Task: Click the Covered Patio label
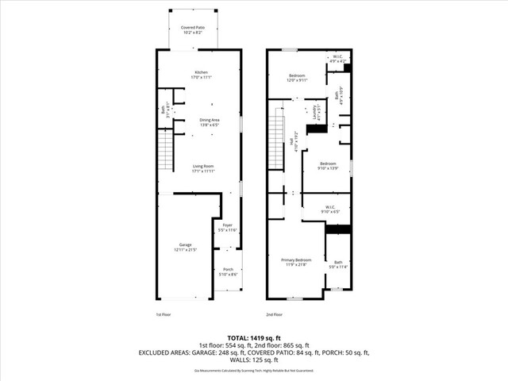(x=191, y=30)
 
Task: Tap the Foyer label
(x=228, y=227)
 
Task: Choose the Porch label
(x=228, y=271)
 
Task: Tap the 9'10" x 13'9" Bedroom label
(x=327, y=166)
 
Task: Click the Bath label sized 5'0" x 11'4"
(x=338, y=264)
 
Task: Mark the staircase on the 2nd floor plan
(x=276, y=140)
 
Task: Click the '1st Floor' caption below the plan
(x=164, y=314)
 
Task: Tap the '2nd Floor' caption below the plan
(x=275, y=314)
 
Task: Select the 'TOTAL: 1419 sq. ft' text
(x=254, y=337)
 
